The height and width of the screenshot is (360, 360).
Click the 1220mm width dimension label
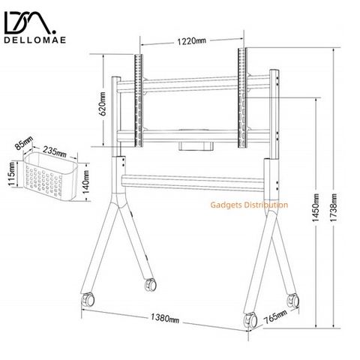192,40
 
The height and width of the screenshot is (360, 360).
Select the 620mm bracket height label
103,103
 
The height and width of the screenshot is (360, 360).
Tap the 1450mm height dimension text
316,208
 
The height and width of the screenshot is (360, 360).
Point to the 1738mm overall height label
334,207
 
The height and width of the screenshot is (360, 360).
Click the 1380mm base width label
165,318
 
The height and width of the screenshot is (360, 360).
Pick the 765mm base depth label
276,316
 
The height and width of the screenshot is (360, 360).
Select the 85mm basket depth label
24,143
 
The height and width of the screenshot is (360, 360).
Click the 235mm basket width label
55,151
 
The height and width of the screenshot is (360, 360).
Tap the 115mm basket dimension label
12,174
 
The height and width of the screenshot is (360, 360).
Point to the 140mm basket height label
85,182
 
